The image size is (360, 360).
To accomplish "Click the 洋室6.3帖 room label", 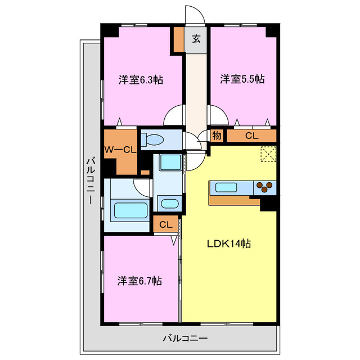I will coord(141,80).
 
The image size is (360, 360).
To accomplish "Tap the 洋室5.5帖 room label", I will coord(242,79).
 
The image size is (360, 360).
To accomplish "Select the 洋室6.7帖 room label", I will coord(140,280).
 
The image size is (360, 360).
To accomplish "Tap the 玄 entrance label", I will coord(196,39).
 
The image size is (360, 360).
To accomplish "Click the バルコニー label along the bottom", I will coord(186,339).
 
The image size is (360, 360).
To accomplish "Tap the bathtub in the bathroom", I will coord(131,211).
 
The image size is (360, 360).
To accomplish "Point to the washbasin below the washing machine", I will coord(168,204).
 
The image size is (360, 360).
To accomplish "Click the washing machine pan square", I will coord(169,163).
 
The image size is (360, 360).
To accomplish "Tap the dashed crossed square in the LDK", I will coord(268,154).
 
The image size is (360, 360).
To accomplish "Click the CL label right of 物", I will coord(251,136).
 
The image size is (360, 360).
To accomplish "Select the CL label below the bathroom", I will coord(165,225).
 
